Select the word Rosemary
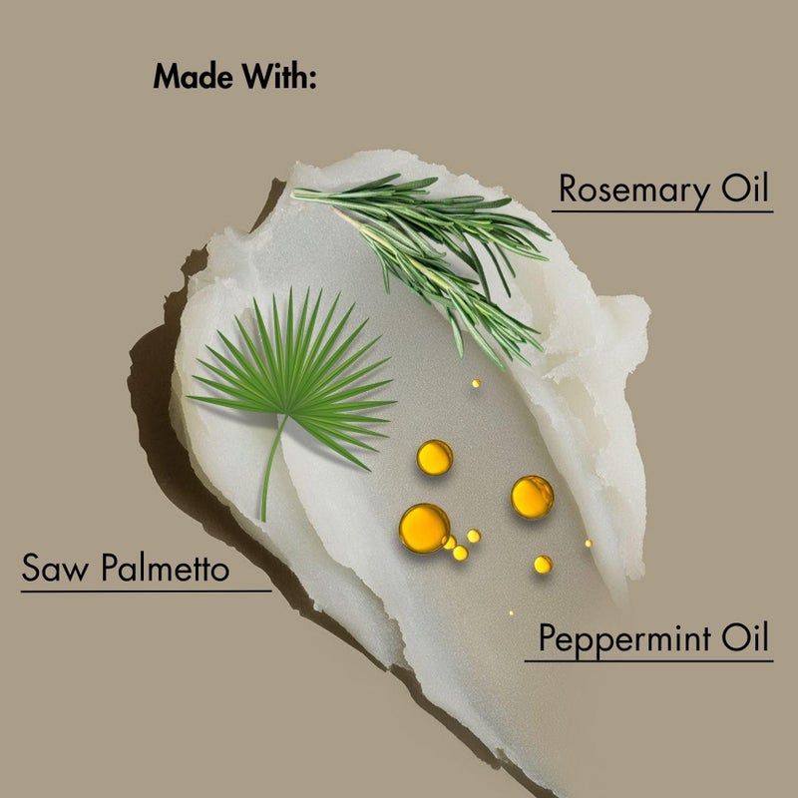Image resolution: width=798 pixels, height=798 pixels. pyautogui.click(x=628, y=189)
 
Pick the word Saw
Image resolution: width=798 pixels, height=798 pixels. pyautogui.click(x=53, y=570)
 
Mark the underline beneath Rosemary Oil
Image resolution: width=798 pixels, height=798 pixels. pyautogui.click(x=662, y=211)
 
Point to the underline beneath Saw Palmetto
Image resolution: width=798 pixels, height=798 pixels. pyautogui.click(x=146, y=590)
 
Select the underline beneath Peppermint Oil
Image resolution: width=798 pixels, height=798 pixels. pyautogui.click(x=648, y=659)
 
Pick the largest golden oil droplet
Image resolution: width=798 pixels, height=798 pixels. pyautogui.click(x=424, y=527)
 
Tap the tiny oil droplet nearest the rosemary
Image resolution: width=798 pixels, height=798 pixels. pyautogui.click(x=477, y=383)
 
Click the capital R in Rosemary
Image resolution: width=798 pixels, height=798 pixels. pyautogui.click(x=569, y=189)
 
